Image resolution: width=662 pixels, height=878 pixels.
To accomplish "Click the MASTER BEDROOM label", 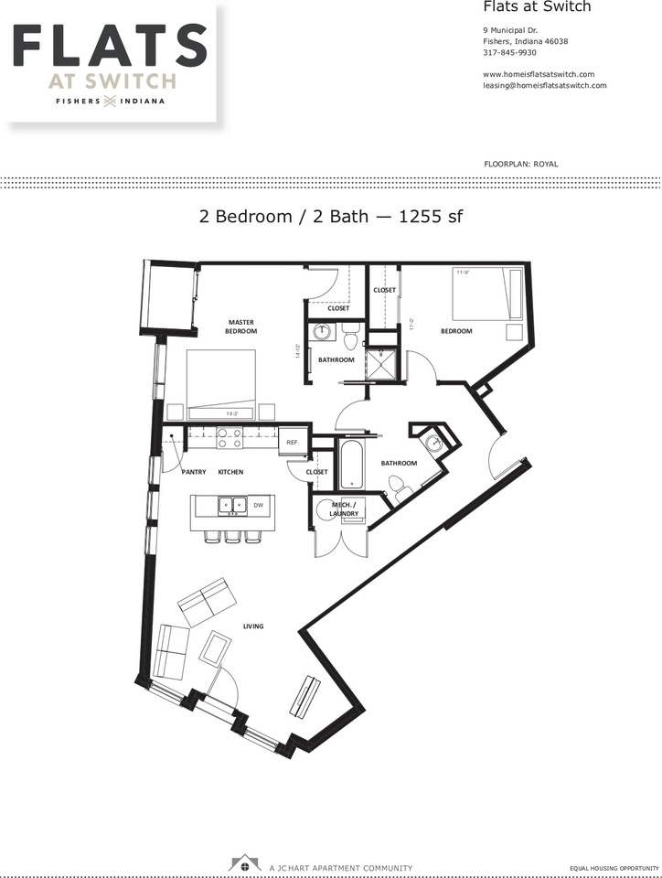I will coord(240,327).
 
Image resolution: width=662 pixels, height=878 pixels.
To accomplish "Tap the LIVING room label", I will coord(253,626).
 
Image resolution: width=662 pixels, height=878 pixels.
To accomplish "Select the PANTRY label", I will coord(193,472).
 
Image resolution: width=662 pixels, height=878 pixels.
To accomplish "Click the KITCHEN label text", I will coord(230,472).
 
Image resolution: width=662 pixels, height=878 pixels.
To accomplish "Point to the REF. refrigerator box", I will coord(293,442).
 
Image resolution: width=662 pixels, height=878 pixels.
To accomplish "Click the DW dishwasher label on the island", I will coord(259,505).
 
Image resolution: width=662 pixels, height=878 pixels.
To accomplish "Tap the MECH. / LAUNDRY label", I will coord(343,509).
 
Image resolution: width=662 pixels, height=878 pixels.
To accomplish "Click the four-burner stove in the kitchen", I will coord(229,438).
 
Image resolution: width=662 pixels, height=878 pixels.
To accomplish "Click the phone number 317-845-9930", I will coord(511,53).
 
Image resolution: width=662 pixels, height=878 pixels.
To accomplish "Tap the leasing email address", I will coord(544,85).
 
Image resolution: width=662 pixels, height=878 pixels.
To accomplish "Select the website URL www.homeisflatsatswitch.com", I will coord(539,74).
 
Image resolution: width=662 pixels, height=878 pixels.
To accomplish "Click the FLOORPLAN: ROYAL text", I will coord(520,164).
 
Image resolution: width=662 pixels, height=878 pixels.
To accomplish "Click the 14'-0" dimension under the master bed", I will coord(232,413).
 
